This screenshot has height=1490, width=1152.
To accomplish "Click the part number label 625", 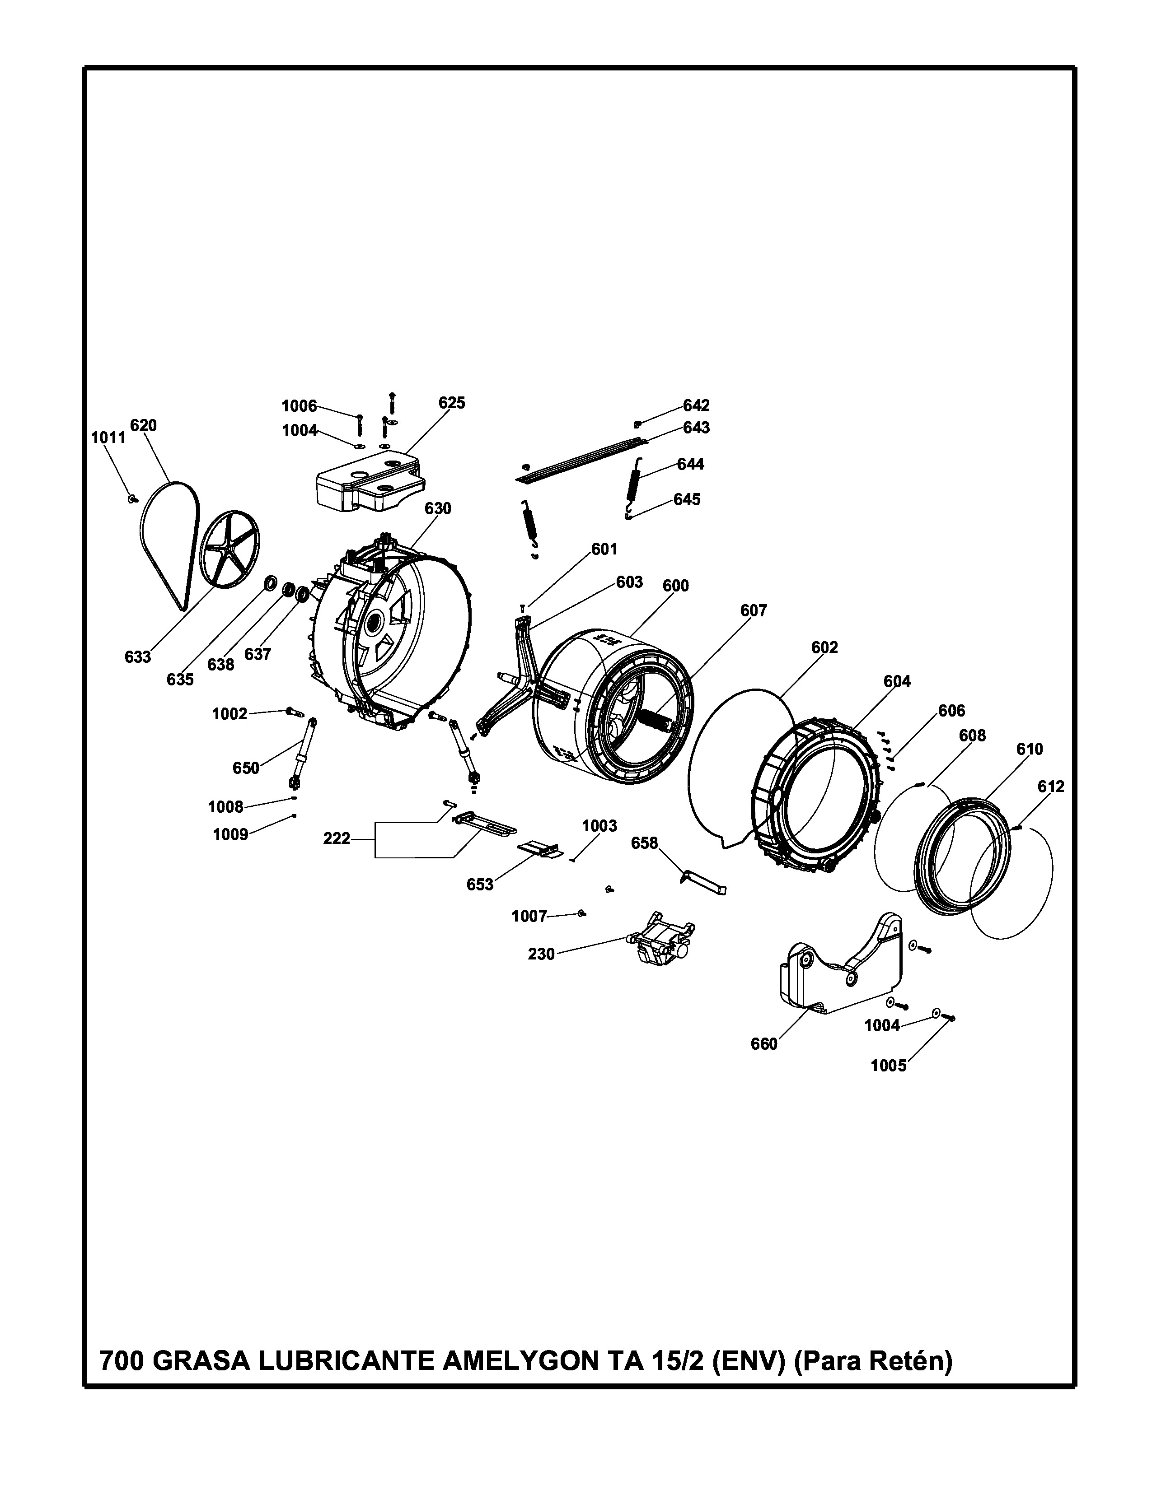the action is (452, 403).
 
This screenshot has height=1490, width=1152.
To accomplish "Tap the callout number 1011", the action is (108, 438).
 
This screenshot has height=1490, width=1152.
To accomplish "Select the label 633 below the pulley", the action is (138, 657).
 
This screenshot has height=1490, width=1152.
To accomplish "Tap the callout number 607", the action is (754, 611).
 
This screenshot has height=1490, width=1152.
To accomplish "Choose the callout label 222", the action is (337, 838).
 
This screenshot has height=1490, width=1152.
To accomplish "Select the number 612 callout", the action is (1051, 787).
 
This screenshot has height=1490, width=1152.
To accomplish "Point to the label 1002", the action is (229, 714).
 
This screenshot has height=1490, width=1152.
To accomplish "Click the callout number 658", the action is (644, 843).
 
